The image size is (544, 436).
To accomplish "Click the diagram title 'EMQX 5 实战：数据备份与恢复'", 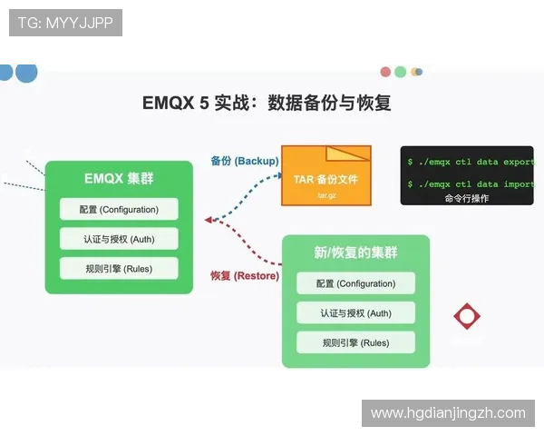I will click(267, 103).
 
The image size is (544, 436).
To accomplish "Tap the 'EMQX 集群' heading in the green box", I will click(119, 179).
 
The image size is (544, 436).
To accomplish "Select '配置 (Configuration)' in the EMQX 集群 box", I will click(119, 210).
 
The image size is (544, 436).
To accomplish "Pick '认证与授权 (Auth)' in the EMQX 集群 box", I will click(119, 239).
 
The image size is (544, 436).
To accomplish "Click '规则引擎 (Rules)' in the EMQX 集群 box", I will click(119, 268).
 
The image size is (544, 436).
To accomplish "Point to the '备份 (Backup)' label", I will click(244, 161).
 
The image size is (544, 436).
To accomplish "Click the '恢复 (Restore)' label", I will click(245, 275).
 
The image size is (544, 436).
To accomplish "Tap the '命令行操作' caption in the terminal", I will click(467, 198).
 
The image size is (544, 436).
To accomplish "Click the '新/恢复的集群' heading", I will click(355, 252).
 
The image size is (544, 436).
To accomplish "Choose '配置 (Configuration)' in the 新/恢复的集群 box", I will click(355, 283).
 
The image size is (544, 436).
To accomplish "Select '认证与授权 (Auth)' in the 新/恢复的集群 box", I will click(355, 313).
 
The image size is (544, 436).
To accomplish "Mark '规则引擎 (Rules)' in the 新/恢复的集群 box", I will click(355, 342).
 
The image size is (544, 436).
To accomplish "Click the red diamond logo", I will click(467, 316).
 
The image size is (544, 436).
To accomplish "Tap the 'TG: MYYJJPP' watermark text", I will click(65, 23).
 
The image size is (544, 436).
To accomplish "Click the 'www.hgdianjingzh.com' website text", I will click(448, 413).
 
